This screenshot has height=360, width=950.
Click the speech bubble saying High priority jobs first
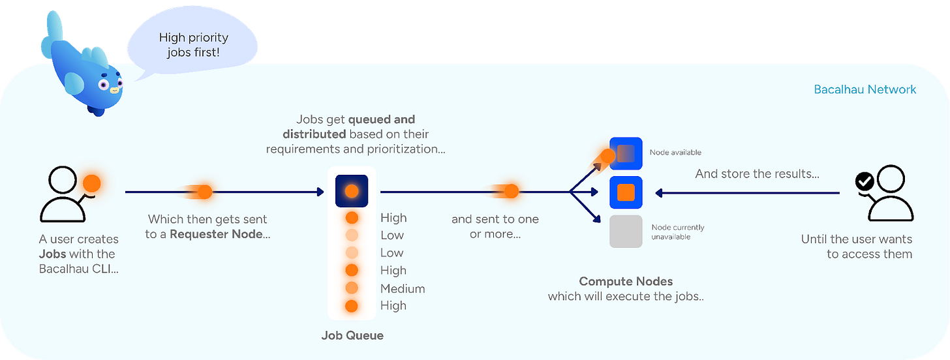click(189, 44)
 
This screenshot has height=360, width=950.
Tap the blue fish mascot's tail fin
click(55, 29)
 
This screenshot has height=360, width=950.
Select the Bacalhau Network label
click(865, 89)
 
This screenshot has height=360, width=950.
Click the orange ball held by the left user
click(92, 183)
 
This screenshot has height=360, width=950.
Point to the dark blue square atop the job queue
click(352, 191)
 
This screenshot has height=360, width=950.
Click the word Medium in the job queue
click(403, 288)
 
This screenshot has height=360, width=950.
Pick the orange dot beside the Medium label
click(352, 288)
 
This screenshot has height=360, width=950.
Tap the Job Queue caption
click(352, 336)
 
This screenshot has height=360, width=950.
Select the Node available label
click(675, 153)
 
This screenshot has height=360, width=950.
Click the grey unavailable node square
click(626, 232)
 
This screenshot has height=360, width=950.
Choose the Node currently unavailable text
click(678, 232)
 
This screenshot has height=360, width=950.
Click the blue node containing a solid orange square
click(626, 192)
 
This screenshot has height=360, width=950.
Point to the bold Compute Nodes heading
click(626, 282)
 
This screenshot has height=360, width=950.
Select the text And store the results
click(757, 174)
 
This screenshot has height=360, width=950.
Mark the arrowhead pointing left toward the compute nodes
click(659, 192)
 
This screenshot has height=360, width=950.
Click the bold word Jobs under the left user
click(52, 254)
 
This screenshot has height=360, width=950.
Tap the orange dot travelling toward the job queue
click(204, 192)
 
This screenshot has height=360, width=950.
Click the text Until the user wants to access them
click(857, 247)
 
